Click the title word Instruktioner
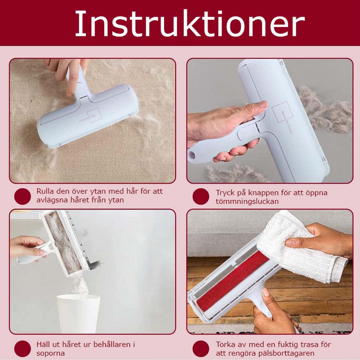coord(190,23)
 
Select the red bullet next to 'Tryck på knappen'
coord(201,196)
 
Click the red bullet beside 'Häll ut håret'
coord(22,349)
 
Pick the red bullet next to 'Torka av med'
coord(201,349)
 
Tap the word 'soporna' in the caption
coord(50,353)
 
